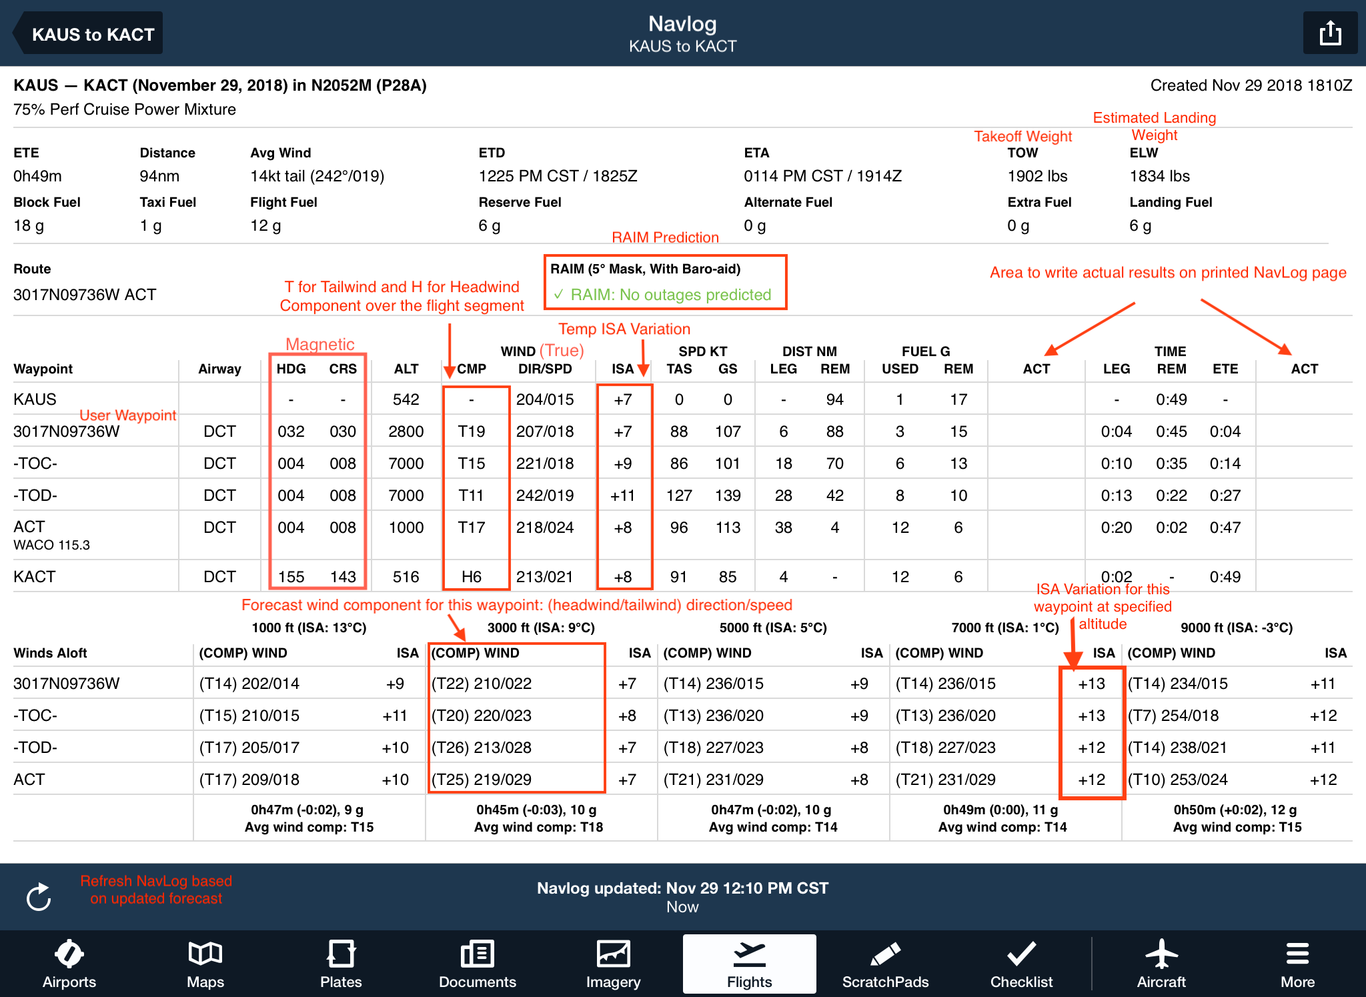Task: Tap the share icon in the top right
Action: pos(1329,33)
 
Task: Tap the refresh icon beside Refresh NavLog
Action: pos(39,896)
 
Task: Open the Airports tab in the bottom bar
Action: pos(69,964)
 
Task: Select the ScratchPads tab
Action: pos(885,964)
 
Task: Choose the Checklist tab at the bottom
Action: pos(1021,964)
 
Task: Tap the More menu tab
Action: pos(1297,964)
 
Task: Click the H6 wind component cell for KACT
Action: pos(471,576)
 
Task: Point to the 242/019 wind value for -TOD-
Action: pos(544,495)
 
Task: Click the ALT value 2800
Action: pos(406,431)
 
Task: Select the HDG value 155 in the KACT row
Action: pos(291,576)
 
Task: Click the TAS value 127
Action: pos(678,495)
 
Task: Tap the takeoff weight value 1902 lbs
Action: pos(1037,176)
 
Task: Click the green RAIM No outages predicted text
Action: pos(670,295)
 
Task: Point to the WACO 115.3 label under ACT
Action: pos(51,545)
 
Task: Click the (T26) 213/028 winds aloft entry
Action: pos(482,748)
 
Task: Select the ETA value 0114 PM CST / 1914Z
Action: pos(822,176)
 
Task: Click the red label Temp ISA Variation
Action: pos(624,329)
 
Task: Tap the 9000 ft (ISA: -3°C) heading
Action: pos(1236,628)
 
